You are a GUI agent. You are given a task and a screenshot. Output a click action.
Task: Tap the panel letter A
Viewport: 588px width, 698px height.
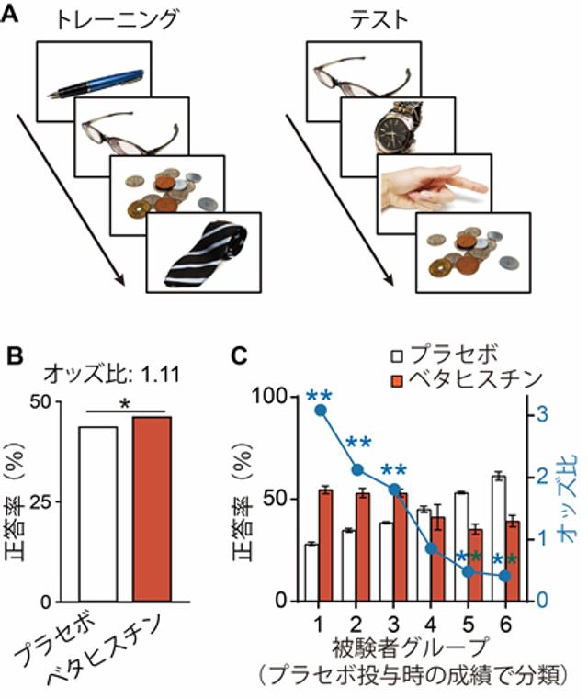click(x=14, y=17)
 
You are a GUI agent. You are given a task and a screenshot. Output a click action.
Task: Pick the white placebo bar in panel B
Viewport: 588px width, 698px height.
click(x=91, y=513)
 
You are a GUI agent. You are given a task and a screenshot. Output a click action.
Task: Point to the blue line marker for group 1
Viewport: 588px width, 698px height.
click(x=319, y=410)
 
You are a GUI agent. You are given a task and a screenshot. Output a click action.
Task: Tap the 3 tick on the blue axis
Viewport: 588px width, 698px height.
click(x=543, y=414)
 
